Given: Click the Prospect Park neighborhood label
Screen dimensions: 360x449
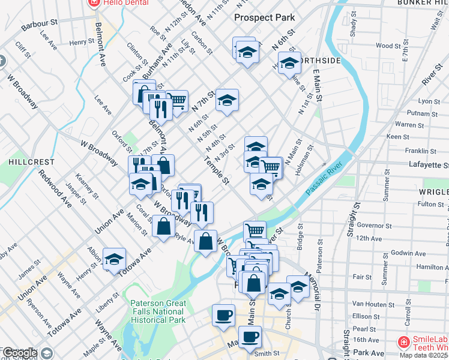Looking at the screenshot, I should pos(265,17).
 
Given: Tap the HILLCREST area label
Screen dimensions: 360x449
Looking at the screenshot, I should pos(31,162).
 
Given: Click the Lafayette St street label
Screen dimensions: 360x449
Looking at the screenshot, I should pos(429,164).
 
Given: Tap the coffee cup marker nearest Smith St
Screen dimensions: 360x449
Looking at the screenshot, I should pos(250,337).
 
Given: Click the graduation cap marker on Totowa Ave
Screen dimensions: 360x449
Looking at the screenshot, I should pos(114,259).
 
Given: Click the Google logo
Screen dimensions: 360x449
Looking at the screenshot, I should pos(20,353).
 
